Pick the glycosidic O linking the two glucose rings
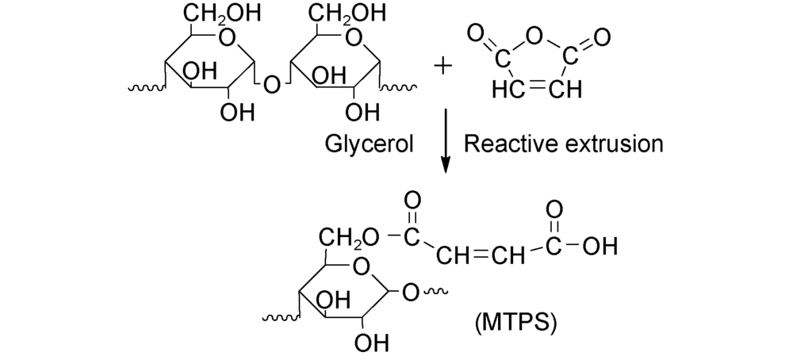[x=271, y=82]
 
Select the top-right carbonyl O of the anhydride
[x=601, y=35]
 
